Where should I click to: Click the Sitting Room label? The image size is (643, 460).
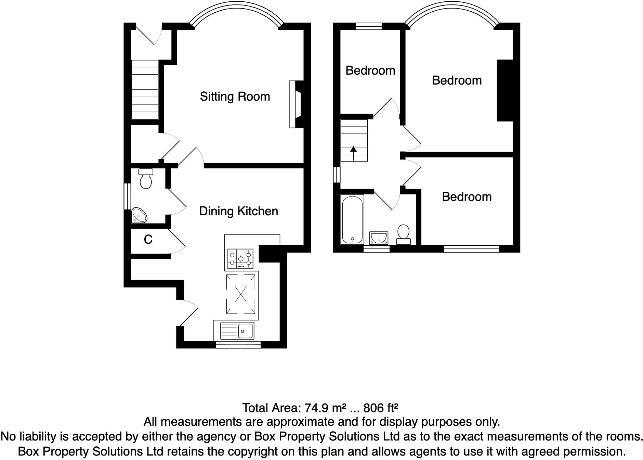tap(235, 97)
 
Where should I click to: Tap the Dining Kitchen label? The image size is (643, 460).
tap(238, 211)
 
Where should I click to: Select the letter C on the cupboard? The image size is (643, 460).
tap(148, 240)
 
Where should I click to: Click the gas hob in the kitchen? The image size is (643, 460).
tap(240, 259)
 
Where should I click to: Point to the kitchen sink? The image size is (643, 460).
tap(237, 331)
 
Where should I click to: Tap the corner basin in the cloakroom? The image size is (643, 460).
tap(140, 215)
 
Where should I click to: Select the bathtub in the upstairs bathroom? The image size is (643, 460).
tap(352, 220)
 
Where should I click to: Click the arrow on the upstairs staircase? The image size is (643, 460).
tap(353, 153)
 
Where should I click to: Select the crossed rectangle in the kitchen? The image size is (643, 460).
tap(241, 294)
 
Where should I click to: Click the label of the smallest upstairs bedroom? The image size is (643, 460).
tap(370, 71)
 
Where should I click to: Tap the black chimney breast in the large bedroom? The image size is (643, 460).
tap(505, 90)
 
